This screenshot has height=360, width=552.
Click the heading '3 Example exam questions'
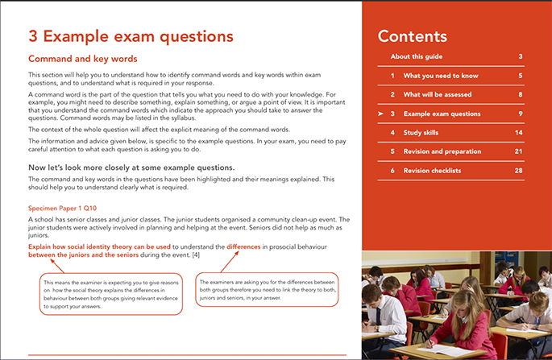pyautogui.click(x=131, y=36)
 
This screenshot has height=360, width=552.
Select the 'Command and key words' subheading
pyautogui.click(x=83, y=59)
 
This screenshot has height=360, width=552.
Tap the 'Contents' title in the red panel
pyautogui.click(x=412, y=35)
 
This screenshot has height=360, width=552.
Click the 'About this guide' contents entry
pyautogui.click(x=417, y=56)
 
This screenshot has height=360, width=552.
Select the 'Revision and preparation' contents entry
pyautogui.click(x=442, y=151)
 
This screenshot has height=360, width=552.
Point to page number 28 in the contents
pyautogui.click(x=520, y=171)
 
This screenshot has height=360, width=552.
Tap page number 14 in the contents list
pyautogui.click(x=520, y=132)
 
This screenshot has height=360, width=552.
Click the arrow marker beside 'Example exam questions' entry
pyautogui.click(x=380, y=114)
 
